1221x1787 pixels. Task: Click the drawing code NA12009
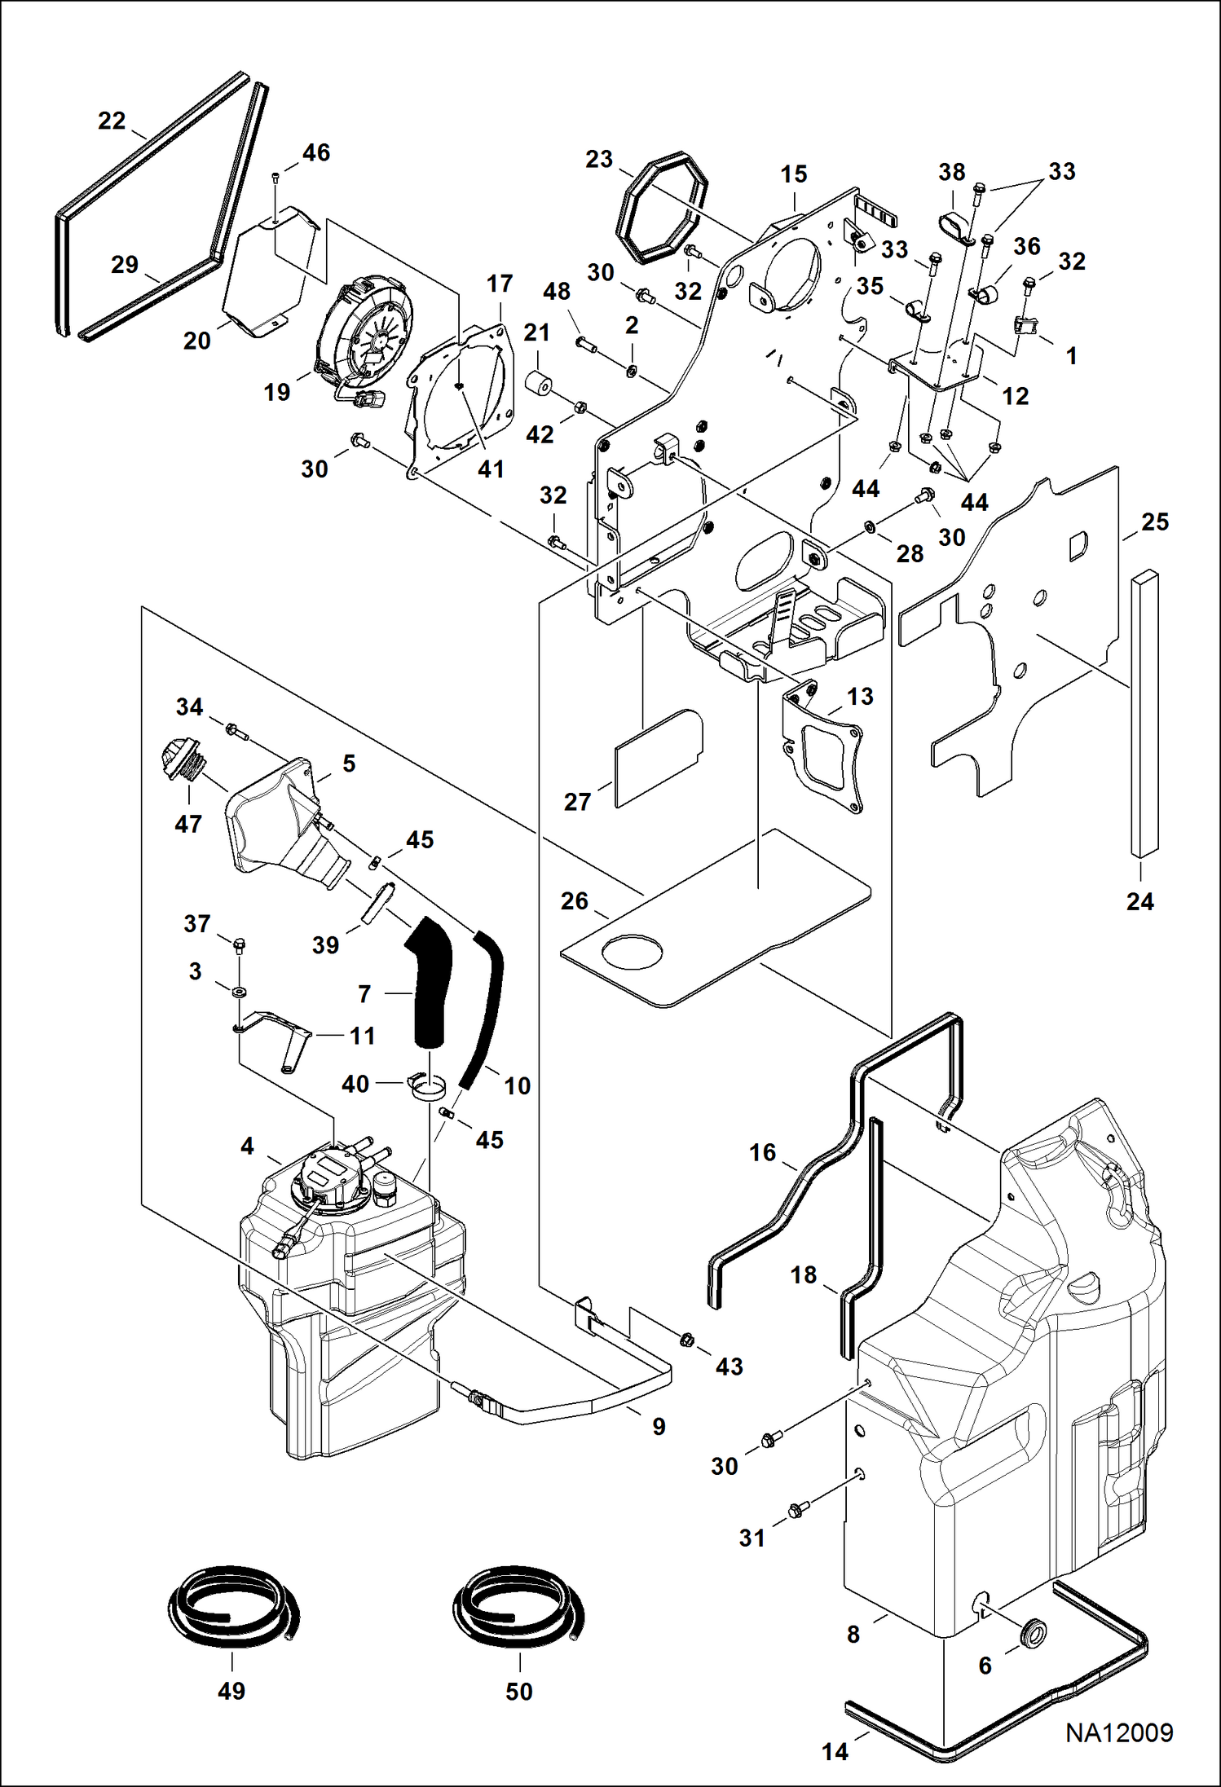pos(1118,1732)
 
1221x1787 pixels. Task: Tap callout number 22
pos(112,121)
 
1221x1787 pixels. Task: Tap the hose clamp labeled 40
pos(428,1085)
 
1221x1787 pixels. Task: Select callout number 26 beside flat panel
pos(574,900)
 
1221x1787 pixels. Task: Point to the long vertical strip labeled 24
pos(1144,712)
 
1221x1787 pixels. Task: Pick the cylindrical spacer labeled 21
pos(540,384)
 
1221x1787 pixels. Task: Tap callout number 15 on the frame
pos(793,174)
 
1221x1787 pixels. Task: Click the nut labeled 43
pos(686,1338)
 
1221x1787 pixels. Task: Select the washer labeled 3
pos(240,992)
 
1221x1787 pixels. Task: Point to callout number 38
pos(951,172)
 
